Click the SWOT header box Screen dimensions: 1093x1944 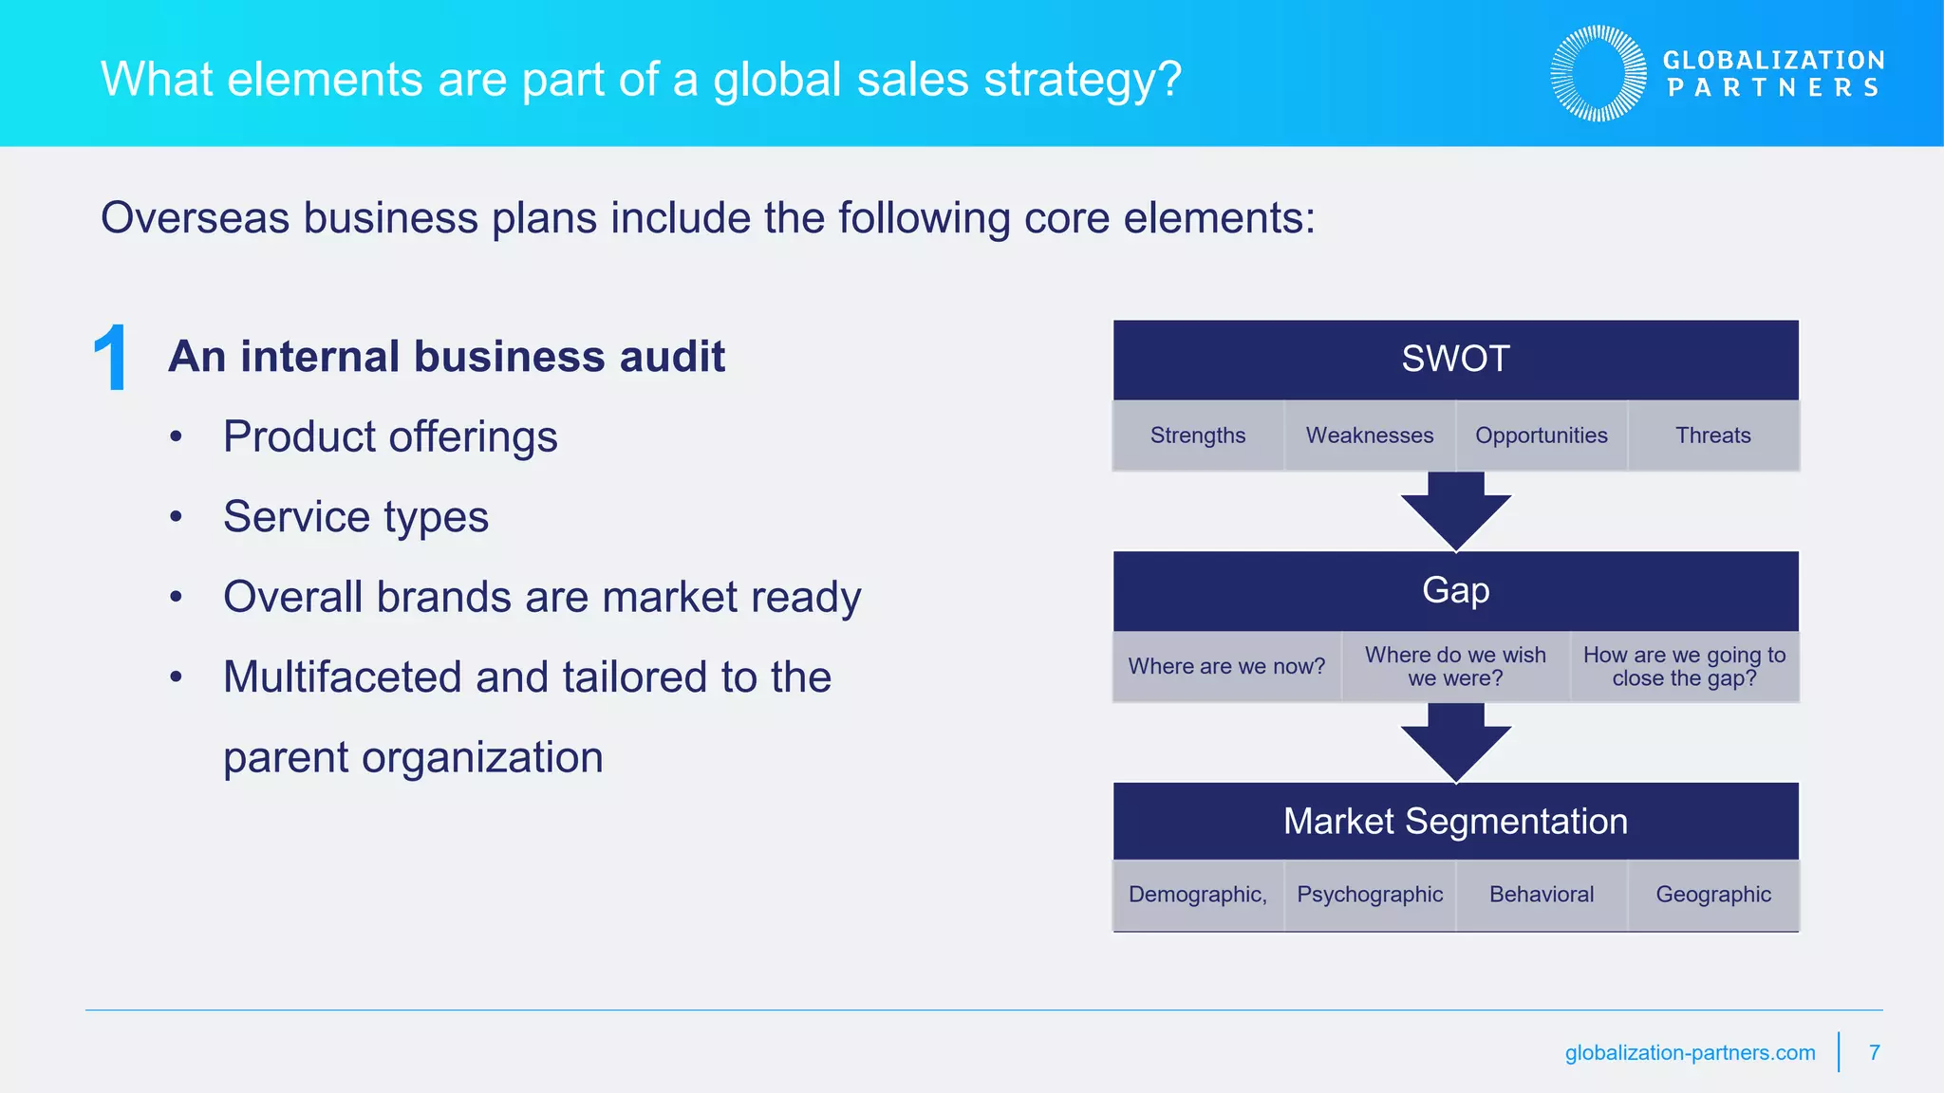1455,360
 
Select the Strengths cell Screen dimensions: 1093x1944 1198,435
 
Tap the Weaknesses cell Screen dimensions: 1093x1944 1370,435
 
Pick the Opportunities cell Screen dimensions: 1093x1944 1542,435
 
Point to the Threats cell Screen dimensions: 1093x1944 1713,435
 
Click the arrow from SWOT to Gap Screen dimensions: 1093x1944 1455,511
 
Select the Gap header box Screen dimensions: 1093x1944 1455,591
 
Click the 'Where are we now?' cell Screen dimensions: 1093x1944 1226,667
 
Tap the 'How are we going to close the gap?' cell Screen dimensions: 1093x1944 1684,667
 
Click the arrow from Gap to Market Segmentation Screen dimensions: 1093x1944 1455,743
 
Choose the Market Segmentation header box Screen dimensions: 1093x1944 1455,822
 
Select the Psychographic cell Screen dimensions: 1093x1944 1370,895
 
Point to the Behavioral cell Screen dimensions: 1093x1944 1542,895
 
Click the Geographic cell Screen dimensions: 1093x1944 1713,895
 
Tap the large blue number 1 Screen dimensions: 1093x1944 111,359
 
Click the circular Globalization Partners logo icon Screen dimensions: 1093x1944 1598,74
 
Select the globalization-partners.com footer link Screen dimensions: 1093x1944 1690,1053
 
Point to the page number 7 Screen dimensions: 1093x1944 1874,1053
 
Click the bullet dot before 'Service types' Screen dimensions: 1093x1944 176,518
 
